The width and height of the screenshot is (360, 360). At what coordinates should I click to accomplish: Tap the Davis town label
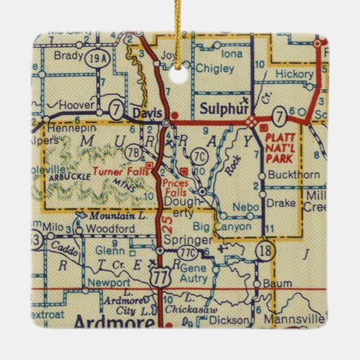pos(147,112)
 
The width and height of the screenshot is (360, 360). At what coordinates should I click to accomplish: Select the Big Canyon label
pos(216,226)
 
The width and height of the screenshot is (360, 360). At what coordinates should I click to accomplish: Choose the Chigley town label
pos(215,69)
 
